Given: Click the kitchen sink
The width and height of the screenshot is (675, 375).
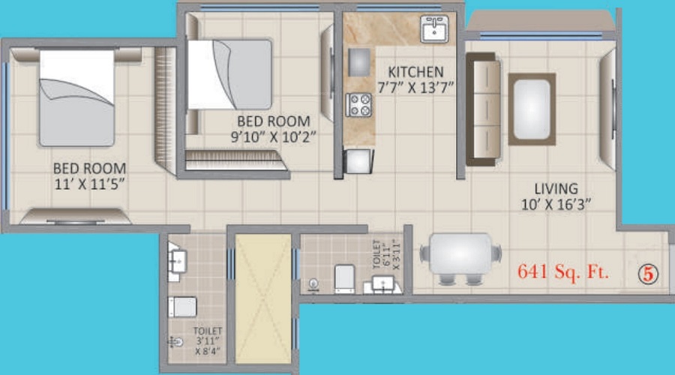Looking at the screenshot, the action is (434, 28).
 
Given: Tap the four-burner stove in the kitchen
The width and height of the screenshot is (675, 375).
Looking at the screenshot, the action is (359, 104).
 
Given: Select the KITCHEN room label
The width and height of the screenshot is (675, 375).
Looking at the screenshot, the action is (415, 71).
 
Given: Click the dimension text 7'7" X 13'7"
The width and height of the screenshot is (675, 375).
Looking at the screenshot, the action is (415, 88).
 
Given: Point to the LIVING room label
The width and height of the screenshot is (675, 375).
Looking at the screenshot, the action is (556, 188).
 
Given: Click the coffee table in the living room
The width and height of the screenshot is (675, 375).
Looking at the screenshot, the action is (532, 109).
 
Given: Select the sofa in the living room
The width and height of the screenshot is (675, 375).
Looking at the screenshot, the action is (484, 109).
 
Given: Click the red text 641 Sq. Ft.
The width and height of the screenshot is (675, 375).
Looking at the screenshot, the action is (563, 271).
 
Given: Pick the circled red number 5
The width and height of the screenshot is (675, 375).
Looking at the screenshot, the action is (648, 274).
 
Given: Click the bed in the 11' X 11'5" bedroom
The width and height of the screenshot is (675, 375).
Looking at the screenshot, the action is (77, 97).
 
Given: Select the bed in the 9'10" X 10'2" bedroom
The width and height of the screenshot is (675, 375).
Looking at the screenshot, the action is (230, 74).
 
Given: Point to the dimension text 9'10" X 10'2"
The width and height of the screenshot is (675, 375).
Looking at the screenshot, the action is (273, 137).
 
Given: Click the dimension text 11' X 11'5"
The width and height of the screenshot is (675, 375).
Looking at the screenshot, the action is (89, 184).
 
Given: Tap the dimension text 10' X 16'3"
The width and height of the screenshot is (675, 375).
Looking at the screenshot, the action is (556, 205).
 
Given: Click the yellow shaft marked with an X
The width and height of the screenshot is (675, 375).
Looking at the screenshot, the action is (263, 298).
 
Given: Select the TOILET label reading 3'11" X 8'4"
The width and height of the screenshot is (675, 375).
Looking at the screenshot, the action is (208, 341).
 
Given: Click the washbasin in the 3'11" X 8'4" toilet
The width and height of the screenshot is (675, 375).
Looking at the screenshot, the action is (176, 261).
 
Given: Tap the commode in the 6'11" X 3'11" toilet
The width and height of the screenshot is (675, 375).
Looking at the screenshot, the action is (345, 278).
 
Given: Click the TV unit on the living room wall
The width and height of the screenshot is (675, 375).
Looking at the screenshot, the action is (607, 109).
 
